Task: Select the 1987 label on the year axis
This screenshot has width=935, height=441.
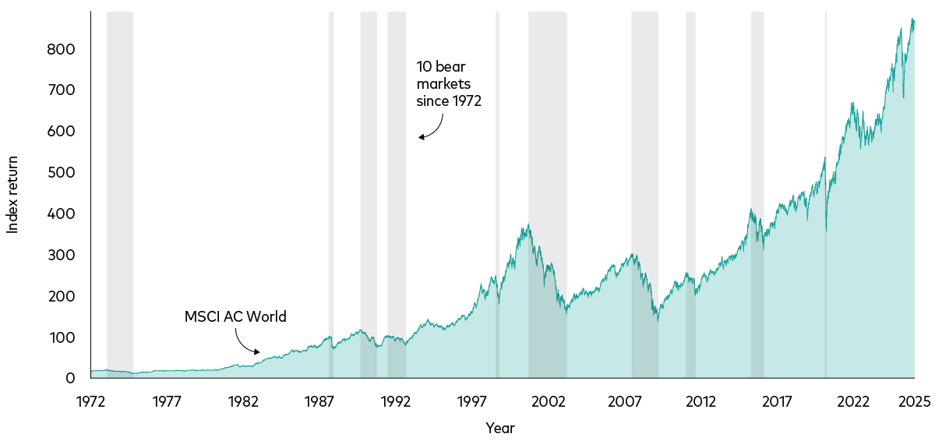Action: tap(319, 402)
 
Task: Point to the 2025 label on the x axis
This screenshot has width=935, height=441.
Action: tap(914, 402)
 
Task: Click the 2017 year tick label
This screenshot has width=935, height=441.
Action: tap(777, 402)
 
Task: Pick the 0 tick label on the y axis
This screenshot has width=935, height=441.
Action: tap(70, 379)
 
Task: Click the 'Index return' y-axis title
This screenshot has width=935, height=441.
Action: tap(12, 195)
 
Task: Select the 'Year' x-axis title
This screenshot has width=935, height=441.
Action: tap(499, 428)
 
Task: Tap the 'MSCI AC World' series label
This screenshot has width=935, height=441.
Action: tap(235, 317)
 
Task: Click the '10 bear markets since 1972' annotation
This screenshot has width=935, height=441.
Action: tap(448, 84)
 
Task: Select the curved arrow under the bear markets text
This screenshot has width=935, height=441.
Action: tap(432, 128)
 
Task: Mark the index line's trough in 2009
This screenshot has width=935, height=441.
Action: tap(658, 320)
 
